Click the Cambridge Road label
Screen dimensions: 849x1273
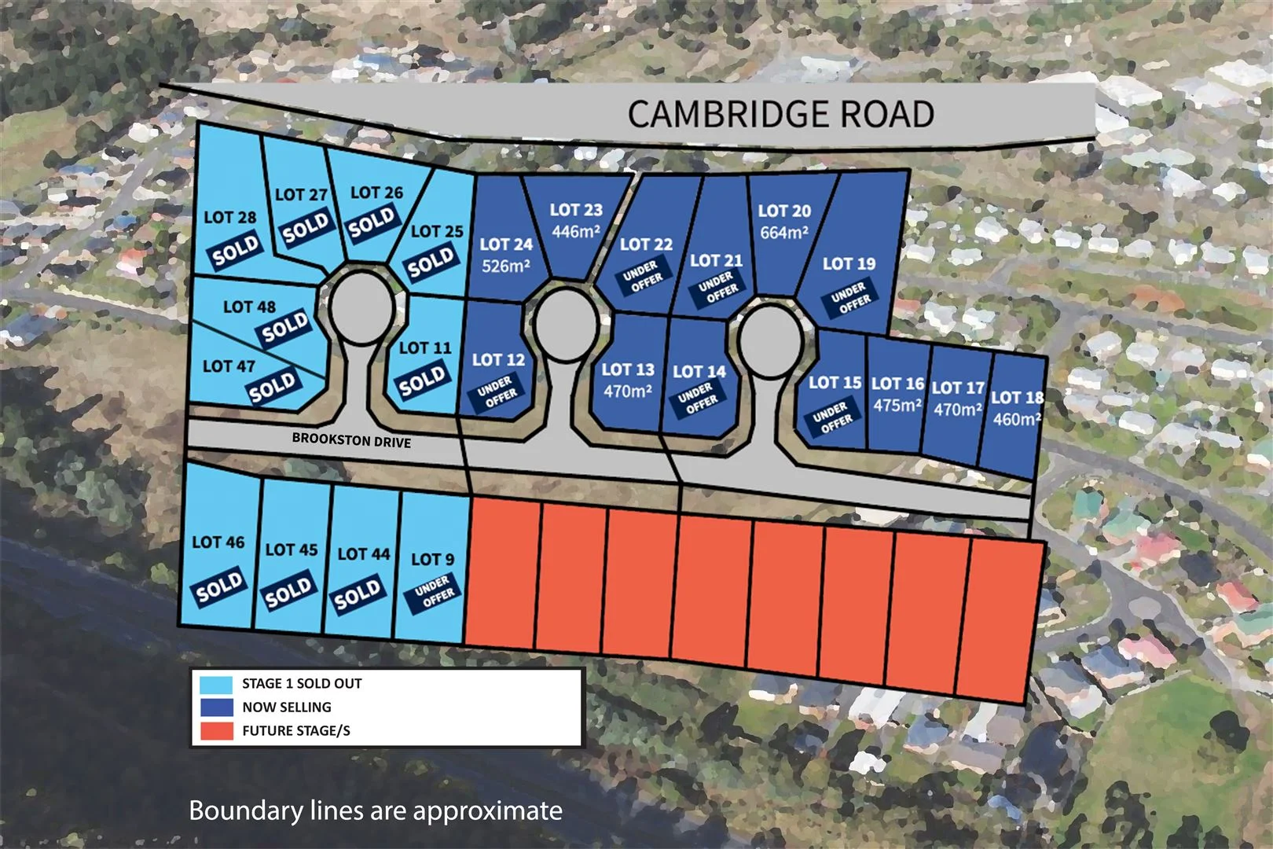point(780,114)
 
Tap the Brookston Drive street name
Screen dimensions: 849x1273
point(351,440)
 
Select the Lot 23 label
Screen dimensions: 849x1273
point(576,210)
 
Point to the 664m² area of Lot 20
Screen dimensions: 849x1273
point(784,233)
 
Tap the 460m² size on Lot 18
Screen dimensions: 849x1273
point(1017,419)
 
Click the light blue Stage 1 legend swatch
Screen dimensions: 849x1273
point(216,684)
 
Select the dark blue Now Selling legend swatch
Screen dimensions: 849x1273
point(216,707)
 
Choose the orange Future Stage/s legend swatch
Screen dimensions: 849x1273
point(216,730)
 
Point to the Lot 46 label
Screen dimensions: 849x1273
point(218,542)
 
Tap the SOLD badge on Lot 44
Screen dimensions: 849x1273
point(358,595)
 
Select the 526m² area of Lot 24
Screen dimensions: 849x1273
point(505,266)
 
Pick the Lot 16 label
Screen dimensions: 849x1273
point(897,384)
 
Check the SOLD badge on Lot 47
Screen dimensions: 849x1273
point(273,387)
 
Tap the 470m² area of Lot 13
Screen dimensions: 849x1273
point(628,391)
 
